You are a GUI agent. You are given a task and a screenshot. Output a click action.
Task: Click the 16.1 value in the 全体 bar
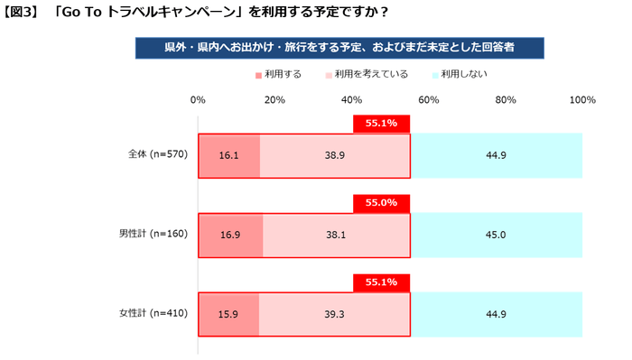coord(228,155)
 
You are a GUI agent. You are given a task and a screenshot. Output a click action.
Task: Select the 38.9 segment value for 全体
coord(335,155)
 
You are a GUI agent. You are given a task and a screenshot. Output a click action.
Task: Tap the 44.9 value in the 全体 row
coord(497,155)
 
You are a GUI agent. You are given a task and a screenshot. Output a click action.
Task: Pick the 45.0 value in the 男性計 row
coord(497,235)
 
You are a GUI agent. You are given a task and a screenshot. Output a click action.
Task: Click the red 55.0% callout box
coord(382,203)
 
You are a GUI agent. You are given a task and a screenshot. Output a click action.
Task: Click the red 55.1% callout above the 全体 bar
coord(382,124)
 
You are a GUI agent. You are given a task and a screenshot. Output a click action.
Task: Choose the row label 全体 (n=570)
coord(157,155)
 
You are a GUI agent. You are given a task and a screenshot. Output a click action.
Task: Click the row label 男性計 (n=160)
coord(153,235)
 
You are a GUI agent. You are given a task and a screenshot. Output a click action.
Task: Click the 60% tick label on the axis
coord(429,100)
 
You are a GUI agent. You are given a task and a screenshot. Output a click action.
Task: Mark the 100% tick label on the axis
coord(582,100)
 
